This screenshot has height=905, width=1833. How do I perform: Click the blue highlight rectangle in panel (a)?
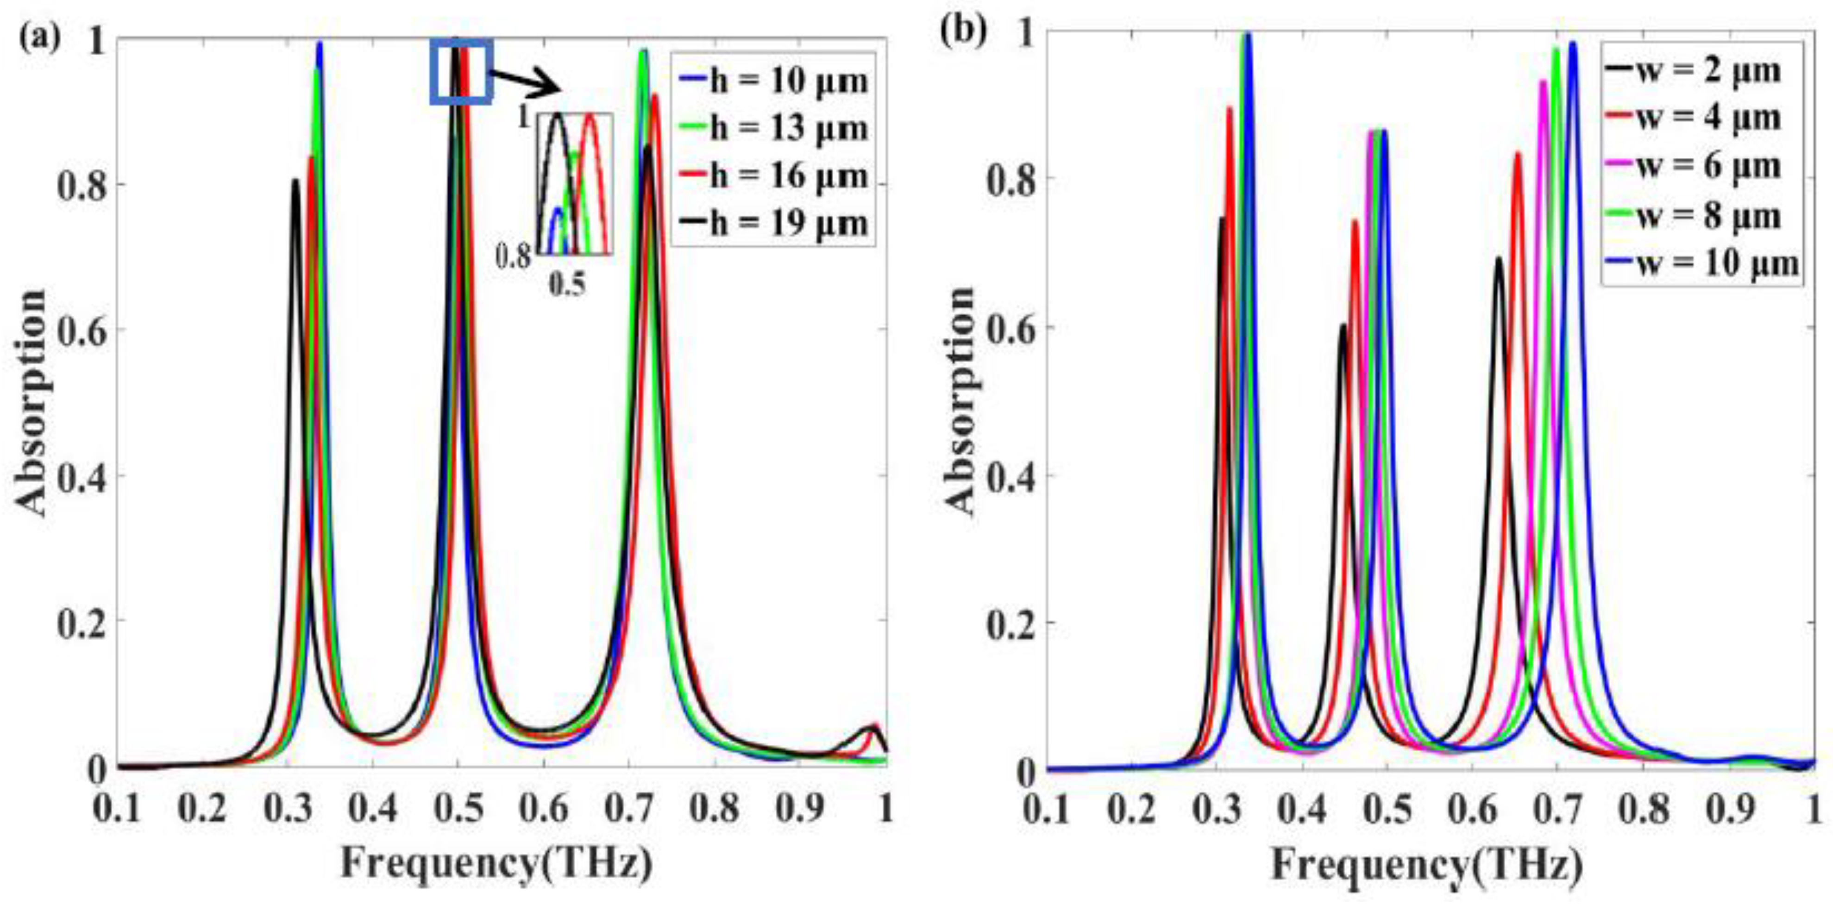460,72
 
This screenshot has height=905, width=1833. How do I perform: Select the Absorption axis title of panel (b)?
960,400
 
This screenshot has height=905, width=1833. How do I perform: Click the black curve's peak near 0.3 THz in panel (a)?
295,181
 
